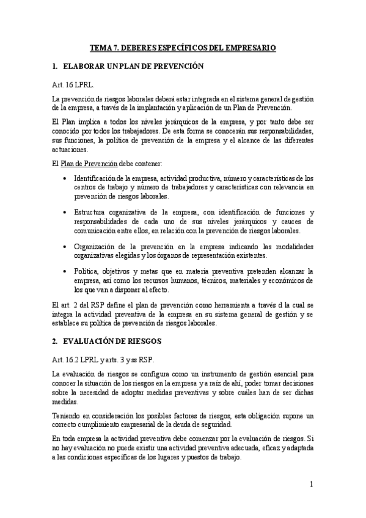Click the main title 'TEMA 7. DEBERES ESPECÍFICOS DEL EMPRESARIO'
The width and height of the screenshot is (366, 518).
pyautogui.click(x=183, y=47)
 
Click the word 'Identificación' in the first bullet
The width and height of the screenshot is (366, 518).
pyautogui.click(x=97, y=178)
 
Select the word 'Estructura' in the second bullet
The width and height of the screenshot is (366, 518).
pyautogui.click(x=93, y=211)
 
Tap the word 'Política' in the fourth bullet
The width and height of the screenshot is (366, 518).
pyautogui.click(x=87, y=271)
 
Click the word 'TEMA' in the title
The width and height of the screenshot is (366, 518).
pyautogui.click(x=101, y=47)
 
